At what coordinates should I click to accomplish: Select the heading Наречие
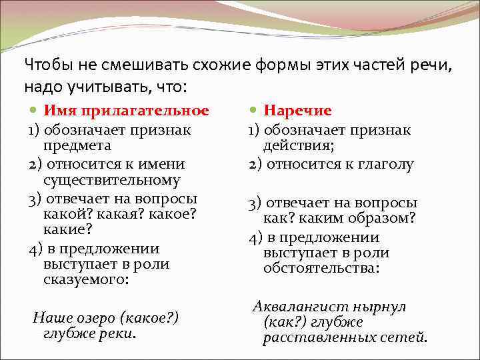click(298, 110)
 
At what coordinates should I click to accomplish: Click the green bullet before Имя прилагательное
click(34, 110)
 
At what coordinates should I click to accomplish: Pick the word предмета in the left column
click(77, 145)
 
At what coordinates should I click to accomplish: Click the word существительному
click(111, 180)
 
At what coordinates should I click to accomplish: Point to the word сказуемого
click(85, 280)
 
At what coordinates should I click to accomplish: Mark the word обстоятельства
click(321, 268)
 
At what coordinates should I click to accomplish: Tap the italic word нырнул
click(373, 307)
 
